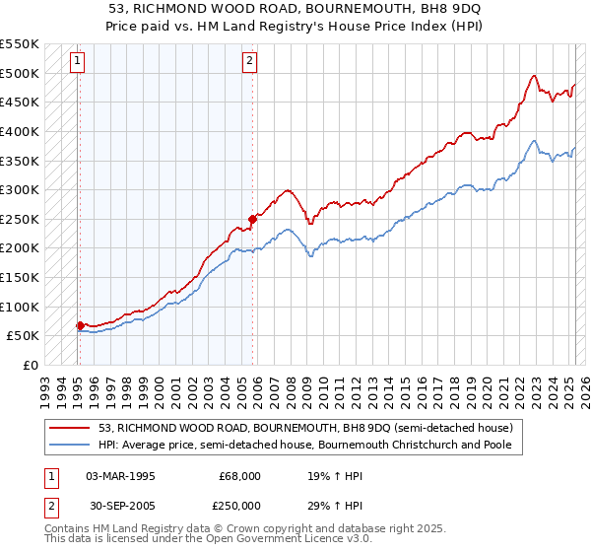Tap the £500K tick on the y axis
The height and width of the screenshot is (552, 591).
click(x=20, y=73)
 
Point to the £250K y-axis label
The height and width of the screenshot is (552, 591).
click(x=20, y=219)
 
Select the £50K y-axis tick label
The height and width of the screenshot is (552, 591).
click(x=24, y=336)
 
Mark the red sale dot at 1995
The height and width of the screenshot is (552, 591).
click(x=80, y=324)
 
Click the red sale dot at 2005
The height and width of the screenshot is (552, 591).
click(x=252, y=219)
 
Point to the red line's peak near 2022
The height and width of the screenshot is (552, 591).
click(x=533, y=76)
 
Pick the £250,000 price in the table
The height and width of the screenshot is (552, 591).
click(x=240, y=506)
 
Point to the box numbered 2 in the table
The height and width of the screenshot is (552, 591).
click(x=50, y=506)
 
